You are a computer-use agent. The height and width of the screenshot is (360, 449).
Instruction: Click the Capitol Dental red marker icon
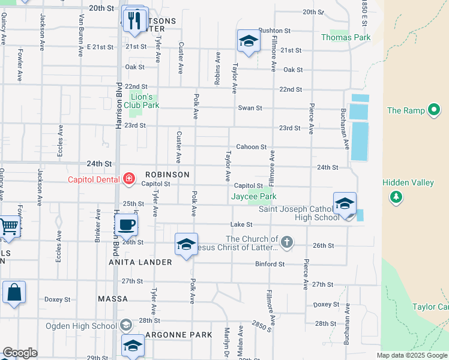(x=128, y=178)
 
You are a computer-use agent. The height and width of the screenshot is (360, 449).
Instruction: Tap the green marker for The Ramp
(x=434, y=110)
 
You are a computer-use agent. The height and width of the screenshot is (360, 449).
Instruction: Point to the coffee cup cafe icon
(x=126, y=225)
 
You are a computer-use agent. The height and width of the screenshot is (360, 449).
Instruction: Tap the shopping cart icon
(x=9, y=227)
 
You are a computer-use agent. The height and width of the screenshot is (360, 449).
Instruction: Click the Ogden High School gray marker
(x=125, y=326)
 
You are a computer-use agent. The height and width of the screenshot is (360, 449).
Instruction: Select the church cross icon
(x=288, y=242)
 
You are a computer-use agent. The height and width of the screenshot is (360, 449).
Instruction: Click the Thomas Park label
(x=346, y=37)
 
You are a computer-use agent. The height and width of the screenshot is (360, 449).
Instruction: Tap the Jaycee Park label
(x=254, y=196)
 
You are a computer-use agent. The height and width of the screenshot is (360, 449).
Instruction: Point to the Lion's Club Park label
(x=145, y=100)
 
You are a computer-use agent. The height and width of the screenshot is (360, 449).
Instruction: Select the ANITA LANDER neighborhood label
(x=140, y=262)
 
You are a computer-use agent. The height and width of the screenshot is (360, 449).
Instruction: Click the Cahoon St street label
(x=251, y=147)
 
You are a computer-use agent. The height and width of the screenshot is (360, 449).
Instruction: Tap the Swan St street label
(x=250, y=108)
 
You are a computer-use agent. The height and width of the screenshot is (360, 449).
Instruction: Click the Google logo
(x=20, y=353)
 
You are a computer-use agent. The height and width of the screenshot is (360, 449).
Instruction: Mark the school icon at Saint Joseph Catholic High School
(x=345, y=203)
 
